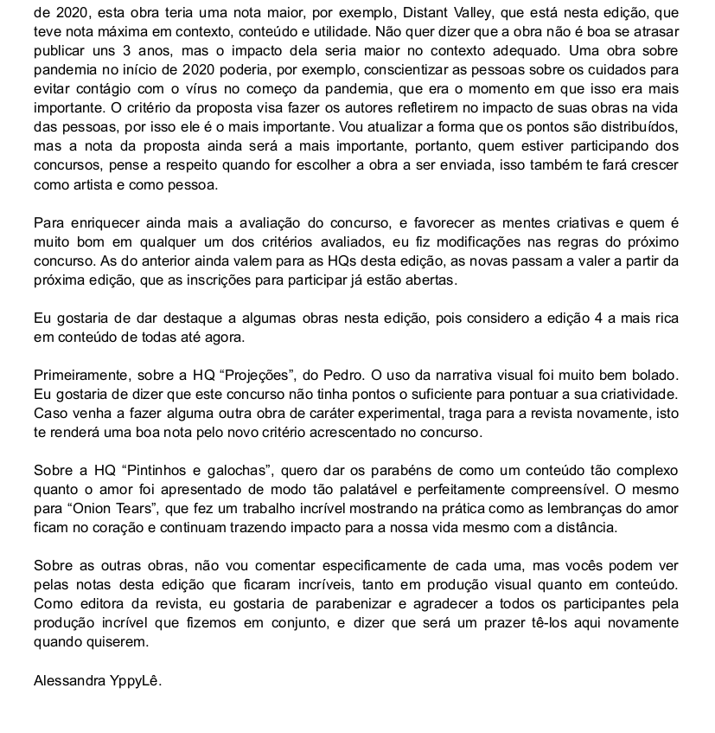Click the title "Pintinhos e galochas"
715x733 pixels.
195,471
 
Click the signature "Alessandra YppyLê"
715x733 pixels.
97,680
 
